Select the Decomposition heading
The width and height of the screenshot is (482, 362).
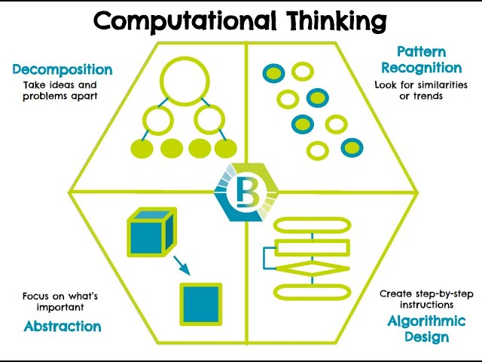[x=63, y=70]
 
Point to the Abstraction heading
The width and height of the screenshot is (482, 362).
[x=63, y=327]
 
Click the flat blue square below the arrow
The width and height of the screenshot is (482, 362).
[x=201, y=304]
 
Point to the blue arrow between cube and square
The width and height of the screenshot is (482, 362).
[x=181, y=265]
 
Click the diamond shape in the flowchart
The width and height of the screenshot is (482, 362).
[x=312, y=268]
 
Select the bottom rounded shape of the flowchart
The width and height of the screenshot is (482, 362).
[x=312, y=291]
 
